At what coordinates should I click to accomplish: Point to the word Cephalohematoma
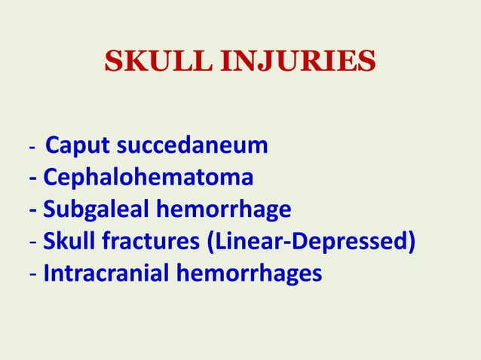(x=148, y=178)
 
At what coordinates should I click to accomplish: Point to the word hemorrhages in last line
(x=249, y=275)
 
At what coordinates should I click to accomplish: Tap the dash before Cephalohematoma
(x=32, y=179)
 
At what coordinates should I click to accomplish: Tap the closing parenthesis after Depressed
(x=412, y=243)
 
